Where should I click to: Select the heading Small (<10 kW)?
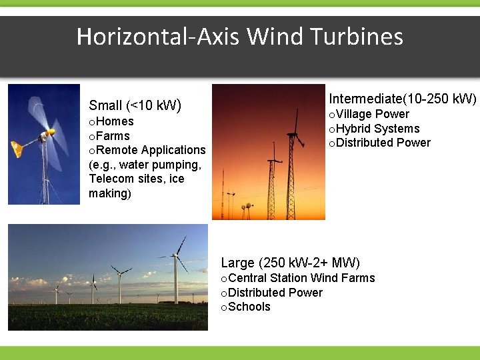click(135, 105)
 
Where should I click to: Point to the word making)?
click(110, 193)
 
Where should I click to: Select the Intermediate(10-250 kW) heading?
click(403, 99)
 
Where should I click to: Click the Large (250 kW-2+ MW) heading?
click(290, 262)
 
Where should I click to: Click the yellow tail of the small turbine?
click(17, 149)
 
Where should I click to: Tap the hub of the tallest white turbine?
click(175, 255)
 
